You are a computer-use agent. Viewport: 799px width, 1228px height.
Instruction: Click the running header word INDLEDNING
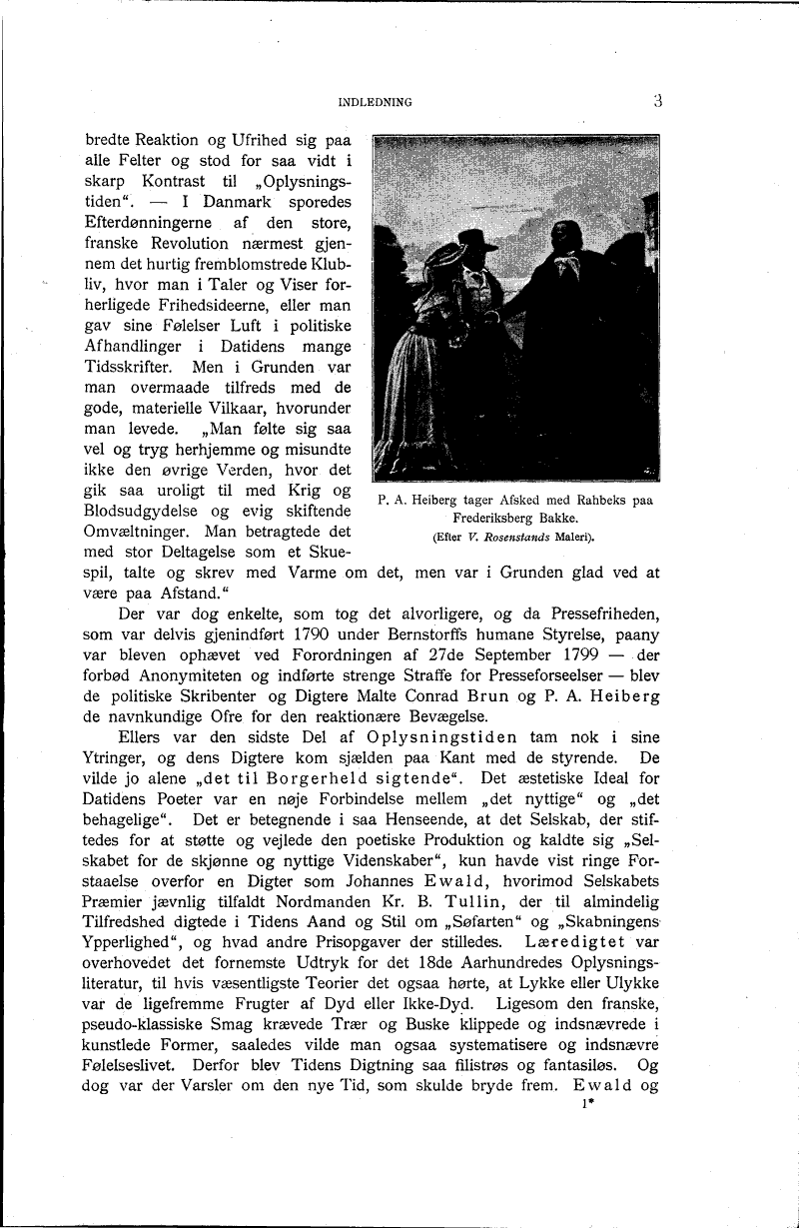click(x=375, y=101)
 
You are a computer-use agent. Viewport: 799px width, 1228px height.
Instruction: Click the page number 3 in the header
click(x=658, y=99)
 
